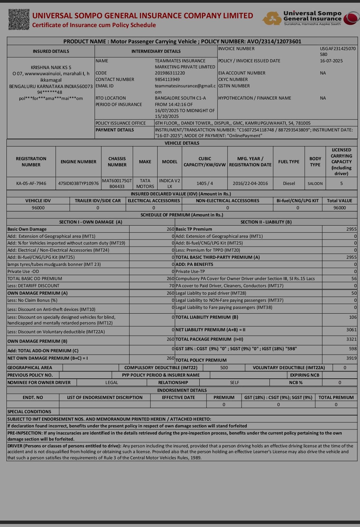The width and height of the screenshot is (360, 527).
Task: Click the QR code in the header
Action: tap(19, 20)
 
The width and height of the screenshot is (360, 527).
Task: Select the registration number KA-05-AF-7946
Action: tap(31, 184)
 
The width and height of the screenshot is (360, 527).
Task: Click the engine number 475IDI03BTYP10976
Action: tap(78, 184)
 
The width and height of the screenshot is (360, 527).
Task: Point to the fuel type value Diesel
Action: tap(289, 184)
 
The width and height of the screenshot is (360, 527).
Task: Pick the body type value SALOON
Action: tap(315, 184)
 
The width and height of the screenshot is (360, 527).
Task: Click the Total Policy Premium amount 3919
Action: tap(352, 358)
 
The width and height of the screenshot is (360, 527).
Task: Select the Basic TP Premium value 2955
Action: tap(352, 229)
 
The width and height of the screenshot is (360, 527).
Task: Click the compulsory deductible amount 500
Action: tap(224, 368)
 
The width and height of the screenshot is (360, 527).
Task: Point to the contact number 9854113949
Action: tap(167, 80)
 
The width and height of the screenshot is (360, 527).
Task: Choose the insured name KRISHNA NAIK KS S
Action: tap(51, 67)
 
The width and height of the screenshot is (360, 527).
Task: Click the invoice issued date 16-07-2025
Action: tap(331, 61)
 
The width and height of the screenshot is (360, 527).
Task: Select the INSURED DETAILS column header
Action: tap(51, 51)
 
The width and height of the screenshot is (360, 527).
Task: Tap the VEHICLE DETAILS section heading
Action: tap(182, 143)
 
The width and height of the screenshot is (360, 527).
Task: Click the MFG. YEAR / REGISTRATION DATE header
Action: tap(250, 162)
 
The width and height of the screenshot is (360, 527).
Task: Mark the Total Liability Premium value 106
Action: tap(353, 317)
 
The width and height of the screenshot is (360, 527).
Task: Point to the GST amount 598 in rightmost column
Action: tap(353, 349)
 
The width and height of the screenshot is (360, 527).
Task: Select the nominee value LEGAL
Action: tap(112, 383)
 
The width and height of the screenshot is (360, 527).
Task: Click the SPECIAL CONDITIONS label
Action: tap(29, 412)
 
